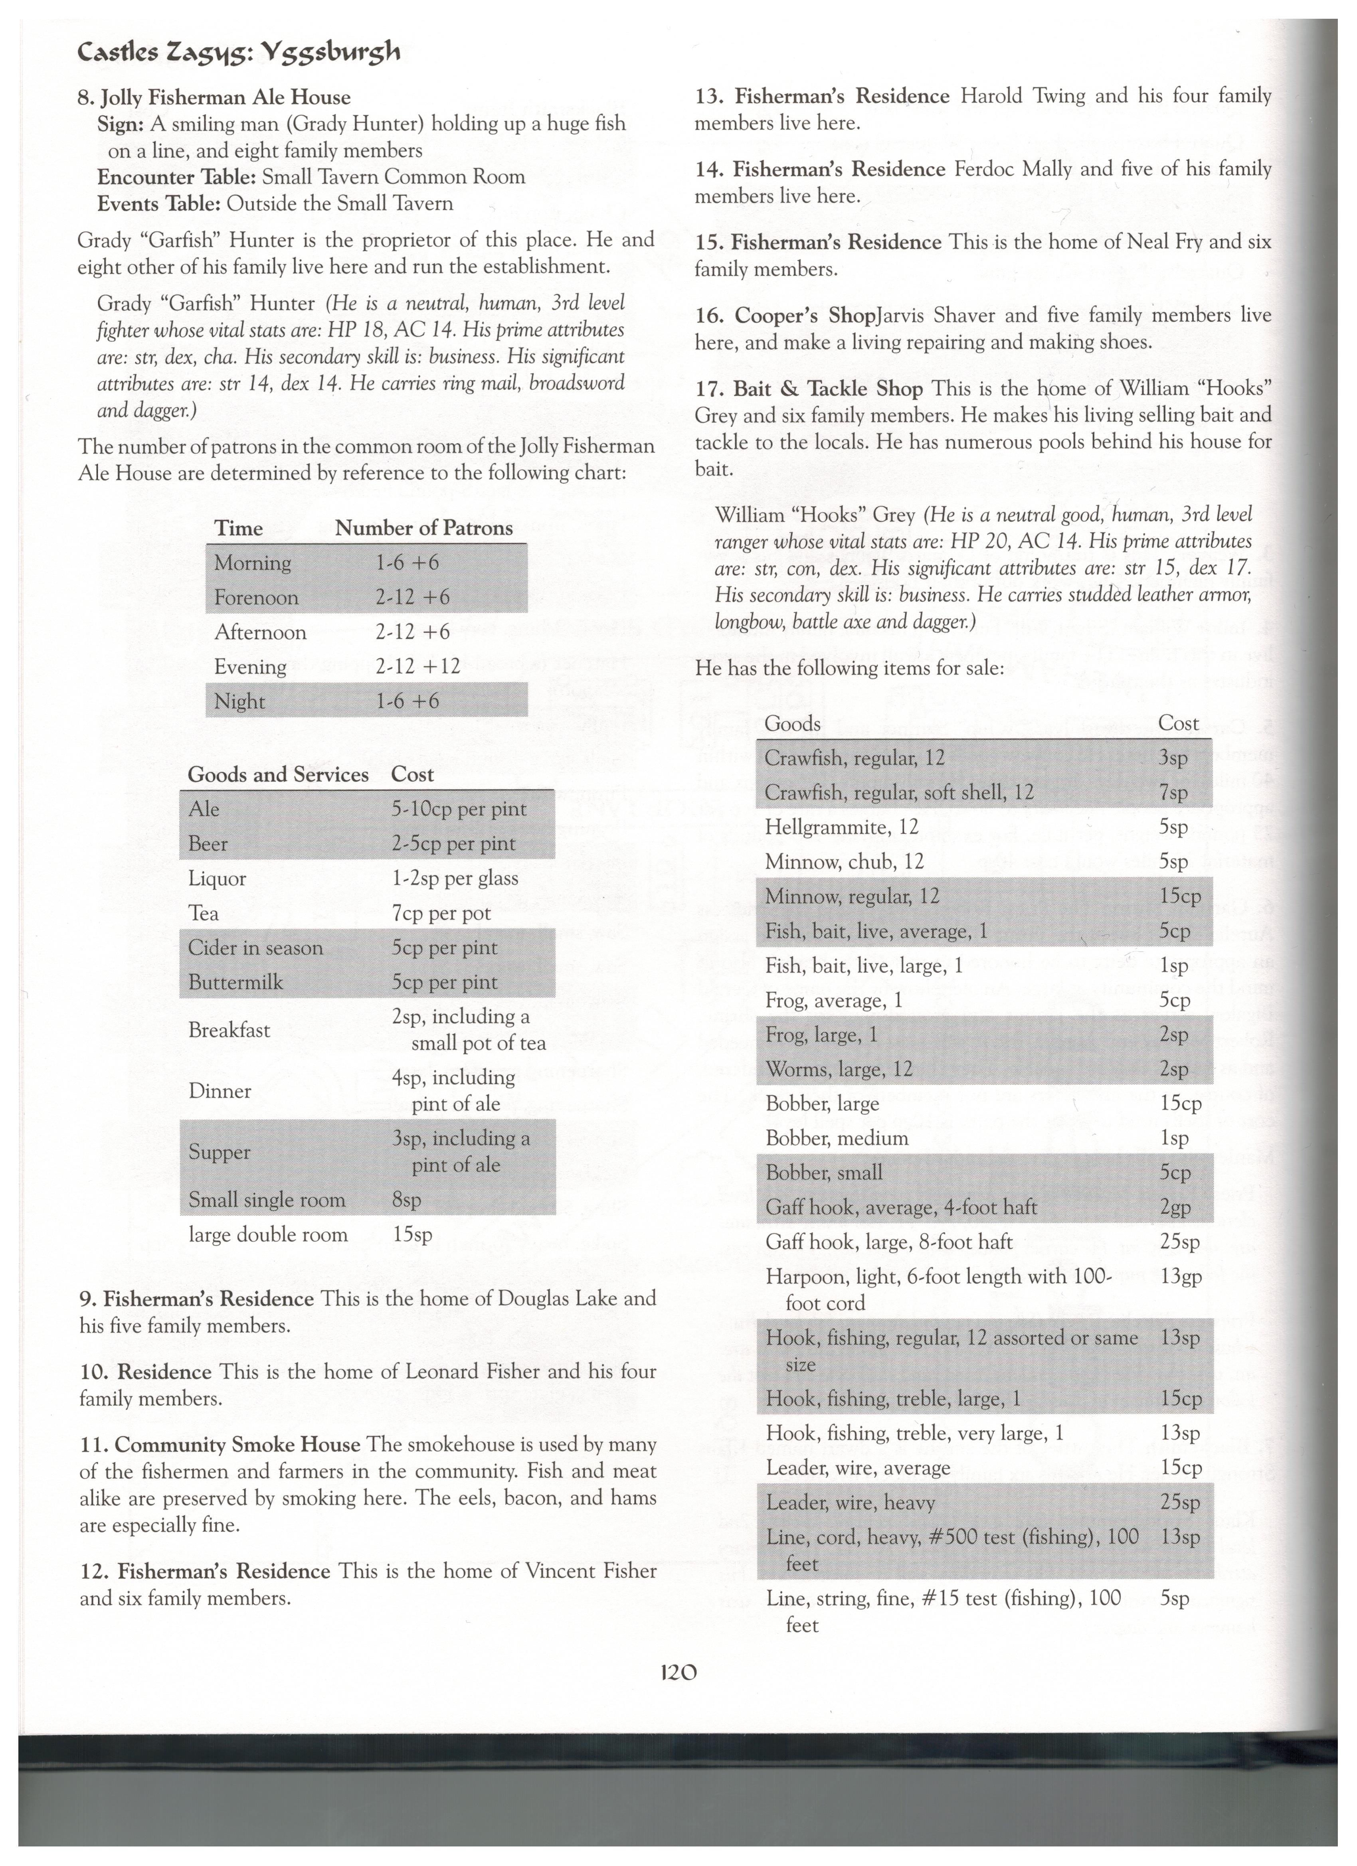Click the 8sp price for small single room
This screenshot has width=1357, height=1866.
(406, 1201)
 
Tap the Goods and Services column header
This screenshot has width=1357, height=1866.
(278, 775)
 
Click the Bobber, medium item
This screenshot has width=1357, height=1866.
(837, 1139)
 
